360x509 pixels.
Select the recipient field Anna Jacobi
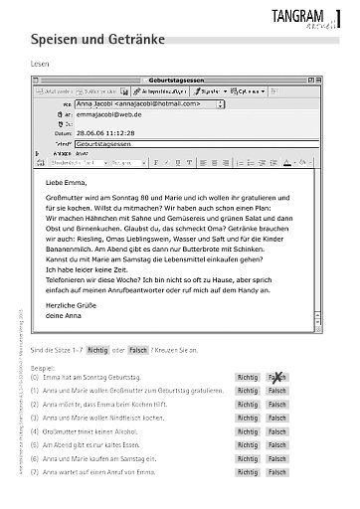[149, 102]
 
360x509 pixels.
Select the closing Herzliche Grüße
[73, 305]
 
